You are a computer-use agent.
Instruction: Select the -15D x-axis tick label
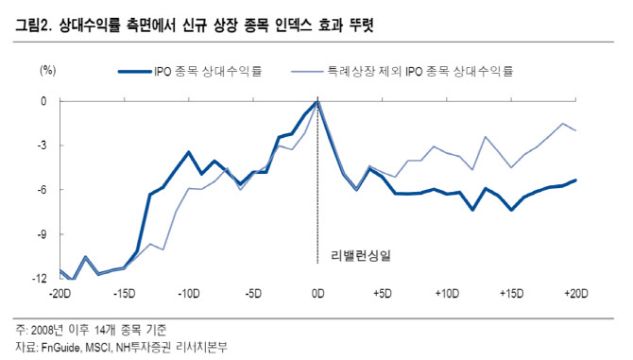(x=124, y=293)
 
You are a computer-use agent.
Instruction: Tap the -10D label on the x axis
(x=189, y=293)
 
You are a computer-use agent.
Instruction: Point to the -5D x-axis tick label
(x=253, y=293)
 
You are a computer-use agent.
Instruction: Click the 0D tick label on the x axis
(x=317, y=293)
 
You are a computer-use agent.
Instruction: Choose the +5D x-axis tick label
(x=382, y=293)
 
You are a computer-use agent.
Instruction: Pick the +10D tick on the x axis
(x=447, y=293)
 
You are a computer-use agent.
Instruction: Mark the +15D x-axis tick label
(x=511, y=293)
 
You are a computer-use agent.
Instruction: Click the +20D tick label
(x=575, y=293)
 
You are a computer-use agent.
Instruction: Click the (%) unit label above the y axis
(x=47, y=70)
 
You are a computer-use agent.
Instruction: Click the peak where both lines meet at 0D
(x=317, y=101)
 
